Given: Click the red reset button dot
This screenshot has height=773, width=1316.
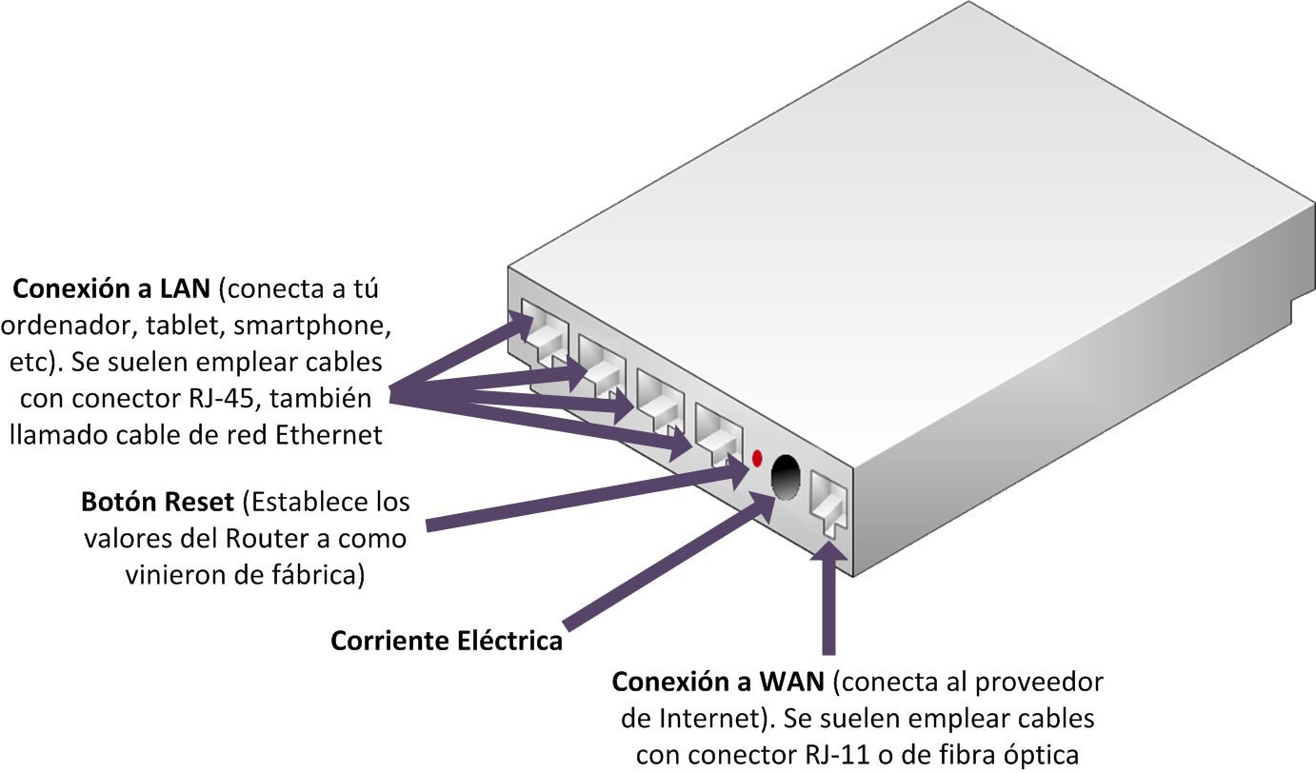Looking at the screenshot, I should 757,458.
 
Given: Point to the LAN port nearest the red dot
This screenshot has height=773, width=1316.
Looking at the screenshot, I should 717,429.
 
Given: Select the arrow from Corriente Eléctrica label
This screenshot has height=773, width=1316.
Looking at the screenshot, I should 667,562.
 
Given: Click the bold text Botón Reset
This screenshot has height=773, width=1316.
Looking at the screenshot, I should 158,502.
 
